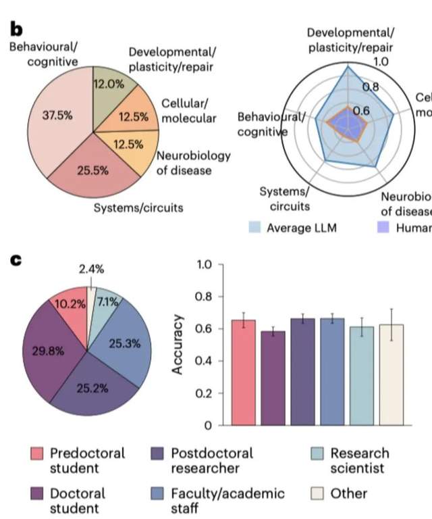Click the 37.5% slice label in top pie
[x=57, y=116]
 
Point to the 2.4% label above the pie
[x=90, y=268]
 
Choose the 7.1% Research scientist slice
[x=106, y=302]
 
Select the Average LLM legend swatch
[x=254, y=227]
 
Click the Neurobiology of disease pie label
[x=193, y=162]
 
